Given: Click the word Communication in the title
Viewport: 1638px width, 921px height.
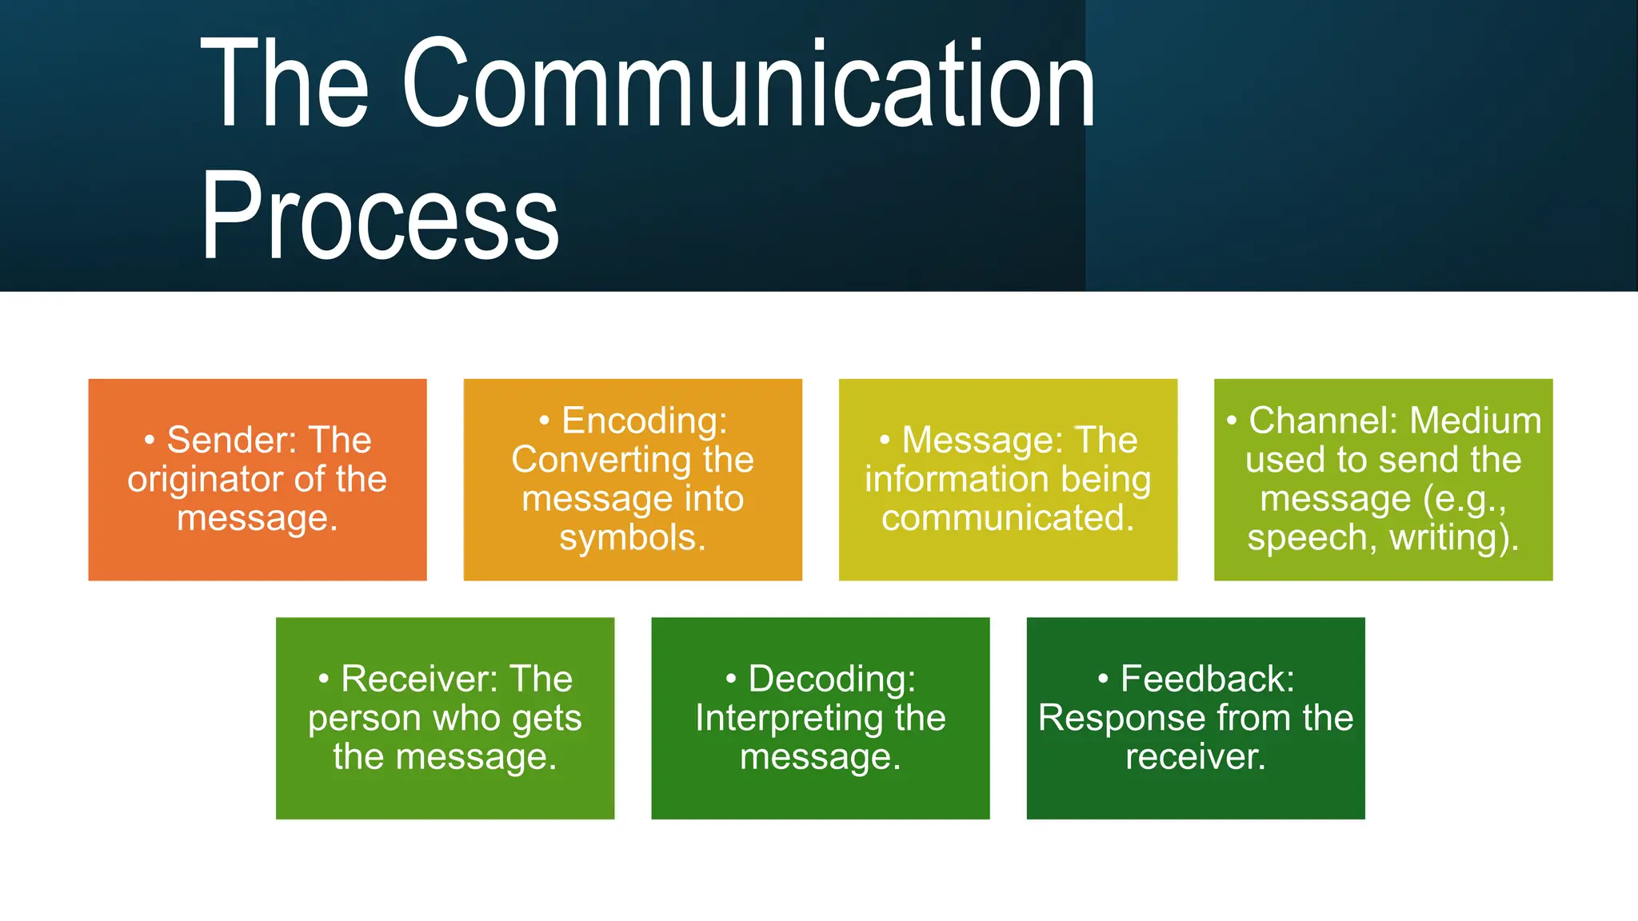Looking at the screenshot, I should coord(748,84).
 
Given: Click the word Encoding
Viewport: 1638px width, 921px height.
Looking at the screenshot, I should coord(644,421).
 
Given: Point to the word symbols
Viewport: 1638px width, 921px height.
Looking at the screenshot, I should coord(632,537).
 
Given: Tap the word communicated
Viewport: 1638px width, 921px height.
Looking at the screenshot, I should coord(1008,518).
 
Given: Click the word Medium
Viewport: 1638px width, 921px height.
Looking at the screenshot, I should coord(1475,421).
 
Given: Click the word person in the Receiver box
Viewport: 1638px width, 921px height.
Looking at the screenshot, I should coord(364,719).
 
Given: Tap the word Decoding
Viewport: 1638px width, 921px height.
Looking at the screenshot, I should coord(832,680).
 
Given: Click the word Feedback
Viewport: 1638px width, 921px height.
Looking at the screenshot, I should coord(1207,680).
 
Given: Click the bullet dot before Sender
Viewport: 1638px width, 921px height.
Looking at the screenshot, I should coord(150,441).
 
